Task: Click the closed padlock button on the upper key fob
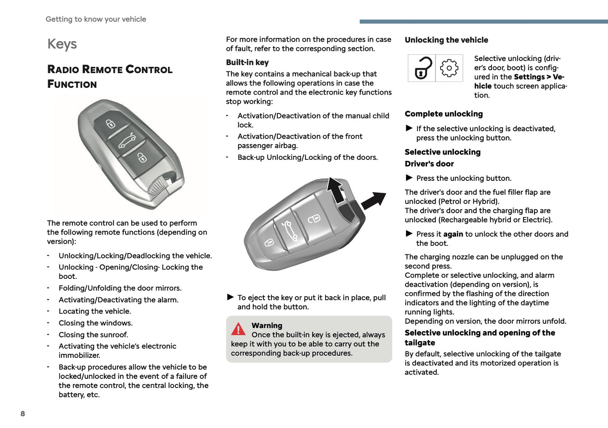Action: (x=110, y=124)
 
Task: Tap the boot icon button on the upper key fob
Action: (x=126, y=141)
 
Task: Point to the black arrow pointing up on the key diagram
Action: (x=335, y=190)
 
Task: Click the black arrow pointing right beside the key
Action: (x=374, y=200)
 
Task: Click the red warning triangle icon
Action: (x=238, y=329)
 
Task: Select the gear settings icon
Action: (x=449, y=68)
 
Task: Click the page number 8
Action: (x=23, y=414)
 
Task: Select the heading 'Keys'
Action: (x=62, y=44)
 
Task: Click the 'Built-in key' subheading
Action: (x=247, y=62)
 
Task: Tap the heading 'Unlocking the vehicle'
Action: (x=446, y=40)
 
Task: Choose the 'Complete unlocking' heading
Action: (x=443, y=114)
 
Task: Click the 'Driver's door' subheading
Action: (x=429, y=164)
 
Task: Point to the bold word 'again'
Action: (x=453, y=234)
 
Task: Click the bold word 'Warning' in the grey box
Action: (x=267, y=325)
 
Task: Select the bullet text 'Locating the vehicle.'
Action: (x=95, y=311)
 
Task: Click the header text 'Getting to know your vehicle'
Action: (x=96, y=19)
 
